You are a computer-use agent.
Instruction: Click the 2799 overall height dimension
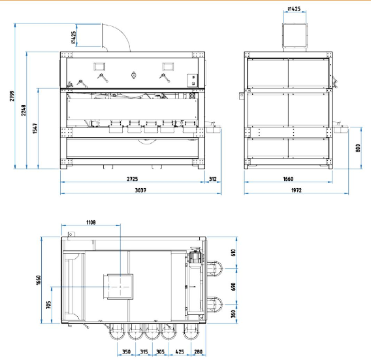coord(12,96)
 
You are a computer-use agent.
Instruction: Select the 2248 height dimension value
coord(24,110)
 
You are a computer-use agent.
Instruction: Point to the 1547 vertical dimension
coord(35,128)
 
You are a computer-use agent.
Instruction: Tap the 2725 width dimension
coord(132,179)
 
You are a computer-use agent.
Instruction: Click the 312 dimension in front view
coord(213,179)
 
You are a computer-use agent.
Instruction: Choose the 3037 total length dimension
coord(140,190)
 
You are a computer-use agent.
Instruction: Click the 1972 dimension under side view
coord(297,190)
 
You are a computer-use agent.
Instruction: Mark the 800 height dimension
coord(358,148)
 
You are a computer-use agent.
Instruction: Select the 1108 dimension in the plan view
coord(91,222)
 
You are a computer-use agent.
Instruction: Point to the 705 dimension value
coord(48,305)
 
